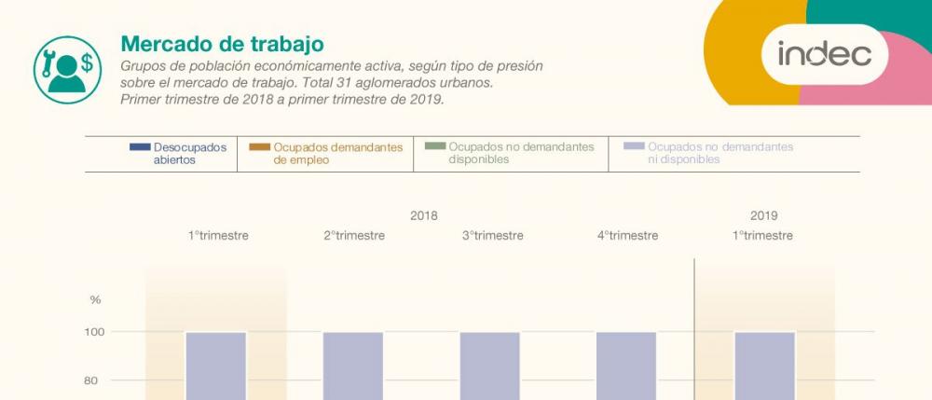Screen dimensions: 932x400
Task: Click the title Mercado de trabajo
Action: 223,44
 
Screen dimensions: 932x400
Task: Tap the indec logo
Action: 825,54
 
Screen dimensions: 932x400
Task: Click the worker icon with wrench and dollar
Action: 67,70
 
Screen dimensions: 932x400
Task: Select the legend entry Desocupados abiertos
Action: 178,153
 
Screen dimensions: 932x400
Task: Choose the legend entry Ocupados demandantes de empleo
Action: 325,153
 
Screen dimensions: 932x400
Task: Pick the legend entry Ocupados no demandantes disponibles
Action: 511,153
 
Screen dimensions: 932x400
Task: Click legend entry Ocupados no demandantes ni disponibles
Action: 708,153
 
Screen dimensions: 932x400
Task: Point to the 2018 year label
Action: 424,215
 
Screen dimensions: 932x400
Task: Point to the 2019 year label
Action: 764,215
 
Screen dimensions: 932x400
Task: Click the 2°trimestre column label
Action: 354,235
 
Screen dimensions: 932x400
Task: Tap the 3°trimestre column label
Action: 493,235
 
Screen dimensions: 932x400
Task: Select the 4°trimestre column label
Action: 627,235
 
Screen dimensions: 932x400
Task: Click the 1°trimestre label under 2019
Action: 762,235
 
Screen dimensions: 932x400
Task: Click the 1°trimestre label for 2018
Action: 218,235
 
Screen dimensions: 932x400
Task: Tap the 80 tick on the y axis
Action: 91,380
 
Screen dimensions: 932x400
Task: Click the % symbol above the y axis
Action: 95,300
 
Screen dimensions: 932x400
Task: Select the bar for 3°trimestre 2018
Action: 490,366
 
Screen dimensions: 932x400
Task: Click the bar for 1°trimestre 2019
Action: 765,366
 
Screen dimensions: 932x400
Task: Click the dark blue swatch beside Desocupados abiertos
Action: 140,146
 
